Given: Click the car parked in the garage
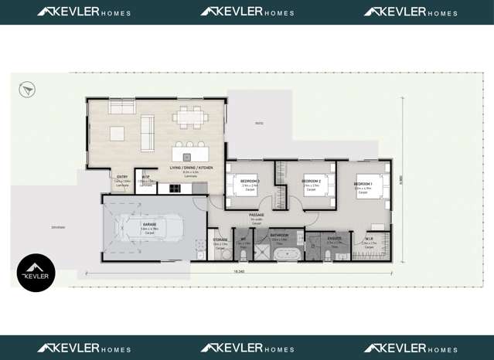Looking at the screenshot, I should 147,227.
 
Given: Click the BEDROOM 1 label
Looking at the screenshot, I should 363,183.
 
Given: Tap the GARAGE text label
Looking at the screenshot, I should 149,225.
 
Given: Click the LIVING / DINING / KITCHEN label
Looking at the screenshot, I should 191,168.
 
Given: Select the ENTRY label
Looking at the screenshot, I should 122,177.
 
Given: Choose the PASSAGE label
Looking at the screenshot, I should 257,215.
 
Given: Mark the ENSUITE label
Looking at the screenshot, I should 334,238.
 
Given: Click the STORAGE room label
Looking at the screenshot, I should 220,240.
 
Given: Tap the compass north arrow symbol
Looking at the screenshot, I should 28,90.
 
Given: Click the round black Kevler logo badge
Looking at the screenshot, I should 36,273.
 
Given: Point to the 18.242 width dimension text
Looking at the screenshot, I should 239,272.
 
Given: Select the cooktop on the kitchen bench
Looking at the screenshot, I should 175,188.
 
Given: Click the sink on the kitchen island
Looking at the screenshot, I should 186,157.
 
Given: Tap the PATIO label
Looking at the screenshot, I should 259,123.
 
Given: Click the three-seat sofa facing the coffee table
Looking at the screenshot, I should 147,133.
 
